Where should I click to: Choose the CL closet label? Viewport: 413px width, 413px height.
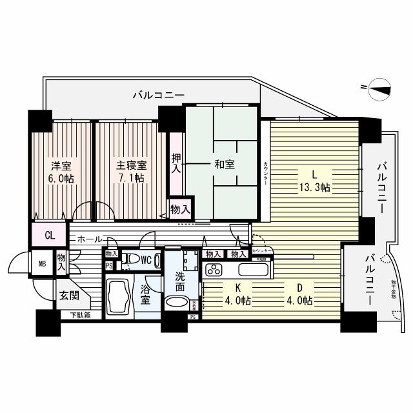tap(50, 234)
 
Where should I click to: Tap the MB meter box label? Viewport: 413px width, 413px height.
tap(43, 264)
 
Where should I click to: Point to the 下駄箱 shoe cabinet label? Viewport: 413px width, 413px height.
tap(81, 316)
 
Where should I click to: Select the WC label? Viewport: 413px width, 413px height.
tap(146, 261)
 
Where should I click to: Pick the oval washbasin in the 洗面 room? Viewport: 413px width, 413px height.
tap(177, 302)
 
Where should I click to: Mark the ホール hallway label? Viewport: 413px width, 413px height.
tap(89, 239)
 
